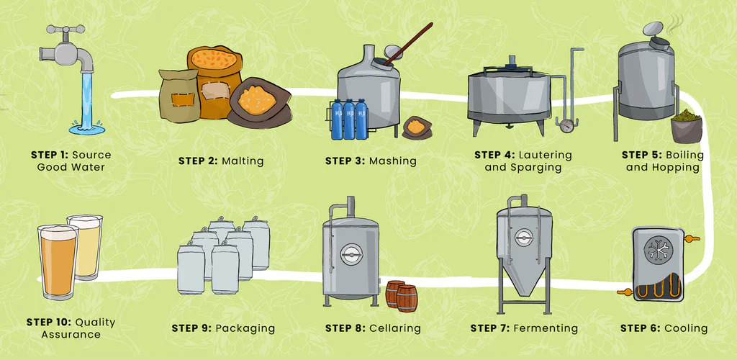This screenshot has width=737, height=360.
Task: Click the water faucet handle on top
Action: pyautogui.click(x=64, y=30)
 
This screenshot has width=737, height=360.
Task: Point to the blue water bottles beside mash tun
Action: pyautogui.click(x=349, y=120)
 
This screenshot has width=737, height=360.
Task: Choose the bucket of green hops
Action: pyautogui.click(x=687, y=125)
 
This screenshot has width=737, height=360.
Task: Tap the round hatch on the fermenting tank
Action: pyautogui.click(x=523, y=237)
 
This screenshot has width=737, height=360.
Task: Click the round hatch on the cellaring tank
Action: pyautogui.click(x=350, y=253)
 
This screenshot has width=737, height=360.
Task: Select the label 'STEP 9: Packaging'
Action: pyautogui.click(x=223, y=328)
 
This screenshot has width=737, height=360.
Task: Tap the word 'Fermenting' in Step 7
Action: pyautogui.click(x=546, y=328)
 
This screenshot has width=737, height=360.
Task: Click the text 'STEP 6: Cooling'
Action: pyautogui.click(x=664, y=328)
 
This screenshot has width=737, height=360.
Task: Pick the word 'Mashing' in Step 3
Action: pyautogui.click(x=392, y=161)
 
